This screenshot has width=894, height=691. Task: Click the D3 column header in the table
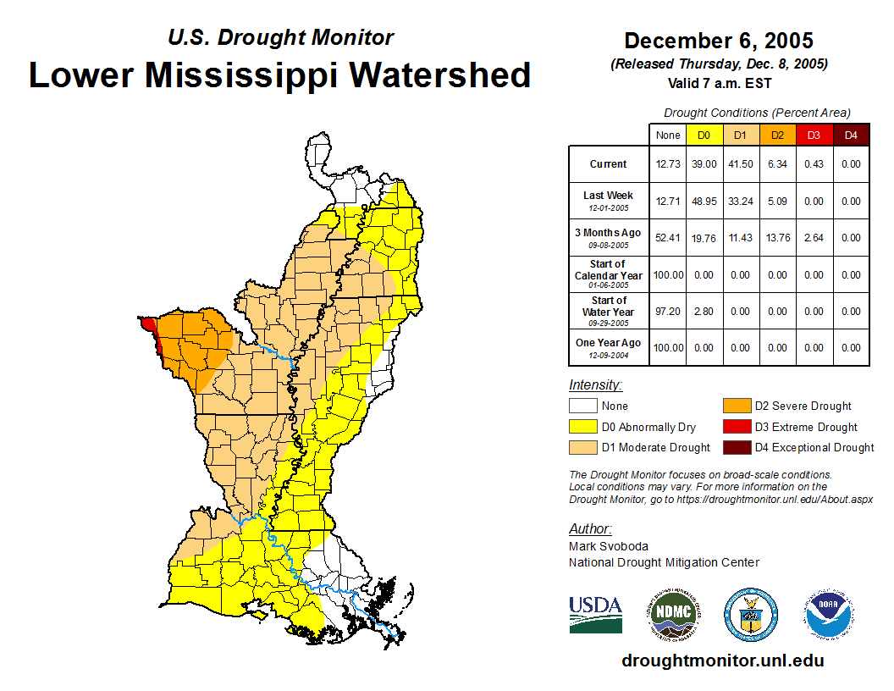[x=814, y=135]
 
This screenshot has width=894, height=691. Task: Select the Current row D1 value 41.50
[x=740, y=164]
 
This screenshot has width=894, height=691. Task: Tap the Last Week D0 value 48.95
[x=704, y=202]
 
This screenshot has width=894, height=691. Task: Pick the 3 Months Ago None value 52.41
[x=667, y=238]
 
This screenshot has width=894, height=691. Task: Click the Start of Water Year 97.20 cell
[x=667, y=312]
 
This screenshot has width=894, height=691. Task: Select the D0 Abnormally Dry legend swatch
[x=582, y=427]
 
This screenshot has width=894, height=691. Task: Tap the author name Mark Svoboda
[x=609, y=546]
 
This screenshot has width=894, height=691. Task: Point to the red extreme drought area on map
[x=147, y=325]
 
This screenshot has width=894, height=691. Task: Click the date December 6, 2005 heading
[x=719, y=41]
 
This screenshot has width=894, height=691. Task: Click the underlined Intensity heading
[x=595, y=385]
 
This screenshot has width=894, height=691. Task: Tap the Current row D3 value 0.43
[x=814, y=164]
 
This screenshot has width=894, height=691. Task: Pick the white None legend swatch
[x=582, y=406]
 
